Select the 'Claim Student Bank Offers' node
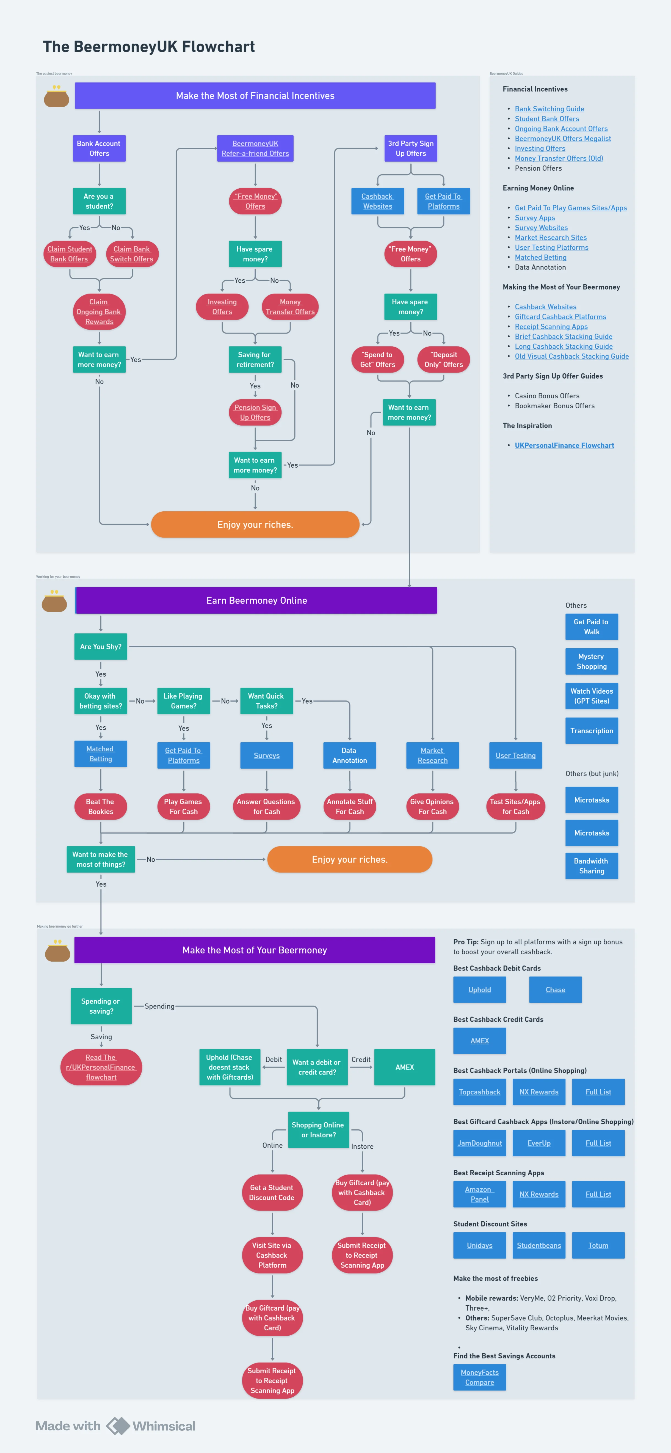click(69, 254)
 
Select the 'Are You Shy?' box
click(100, 646)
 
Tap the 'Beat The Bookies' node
click(100, 807)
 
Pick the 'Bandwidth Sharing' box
click(592, 866)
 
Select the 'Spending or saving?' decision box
click(101, 1006)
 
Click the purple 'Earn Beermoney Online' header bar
click(256, 600)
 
